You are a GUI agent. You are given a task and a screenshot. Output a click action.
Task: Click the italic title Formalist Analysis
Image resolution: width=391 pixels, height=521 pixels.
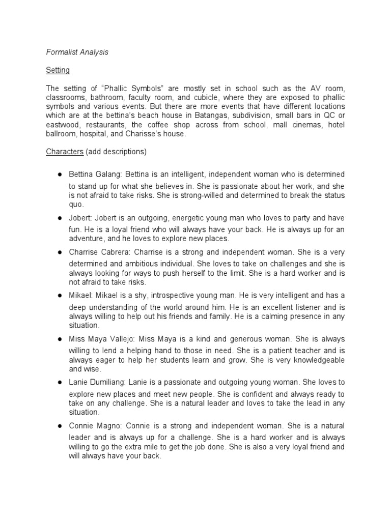[x=77, y=52]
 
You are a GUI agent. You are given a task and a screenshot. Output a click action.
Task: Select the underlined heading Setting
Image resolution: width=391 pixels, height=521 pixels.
[x=58, y=70]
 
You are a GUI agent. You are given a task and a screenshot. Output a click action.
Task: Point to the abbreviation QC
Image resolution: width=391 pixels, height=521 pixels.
[x=330, y=115]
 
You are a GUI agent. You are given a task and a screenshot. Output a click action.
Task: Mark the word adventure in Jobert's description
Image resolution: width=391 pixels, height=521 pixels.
[x=87, y=239]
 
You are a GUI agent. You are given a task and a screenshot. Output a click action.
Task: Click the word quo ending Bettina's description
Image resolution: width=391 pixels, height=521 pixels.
[x=75, y=205]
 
